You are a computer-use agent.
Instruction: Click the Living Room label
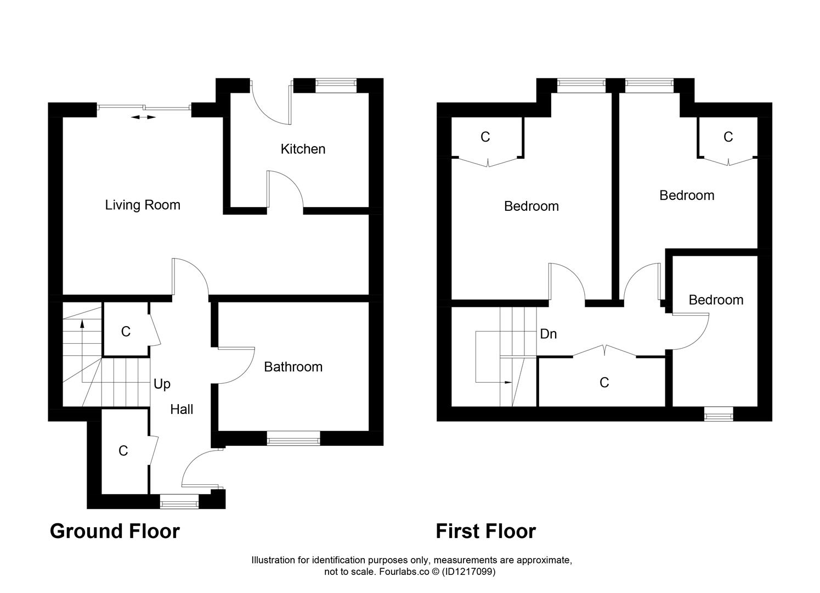(x=143, y=205)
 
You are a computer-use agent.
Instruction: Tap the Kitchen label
(x=303, y=149)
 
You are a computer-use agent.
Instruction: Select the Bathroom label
(x=293, y=367)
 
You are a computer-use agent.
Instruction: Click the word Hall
(x=182, y=409)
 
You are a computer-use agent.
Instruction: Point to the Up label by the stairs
(x=162, y=384)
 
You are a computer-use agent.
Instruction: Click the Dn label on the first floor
(x=548, y=334)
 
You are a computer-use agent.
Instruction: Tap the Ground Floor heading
(x=115, y=532)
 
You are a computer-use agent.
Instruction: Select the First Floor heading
(x=485, y=532)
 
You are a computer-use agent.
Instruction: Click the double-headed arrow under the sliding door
(x=143, y=117)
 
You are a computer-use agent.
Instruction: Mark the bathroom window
(x=293, y=438)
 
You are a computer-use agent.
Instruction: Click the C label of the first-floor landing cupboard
(x=604, y=383)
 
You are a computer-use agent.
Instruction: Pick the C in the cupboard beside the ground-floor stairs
(x=126, y=332)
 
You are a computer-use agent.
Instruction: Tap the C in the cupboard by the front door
(x=123, y=451)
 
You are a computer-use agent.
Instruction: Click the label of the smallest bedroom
(x=716, y=300)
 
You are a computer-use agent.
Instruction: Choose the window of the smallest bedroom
(x=719, y=414)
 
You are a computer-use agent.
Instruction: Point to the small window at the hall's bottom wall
(x=179, y=501)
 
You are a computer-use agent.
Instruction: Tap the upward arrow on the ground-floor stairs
(x=82, y=324)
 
